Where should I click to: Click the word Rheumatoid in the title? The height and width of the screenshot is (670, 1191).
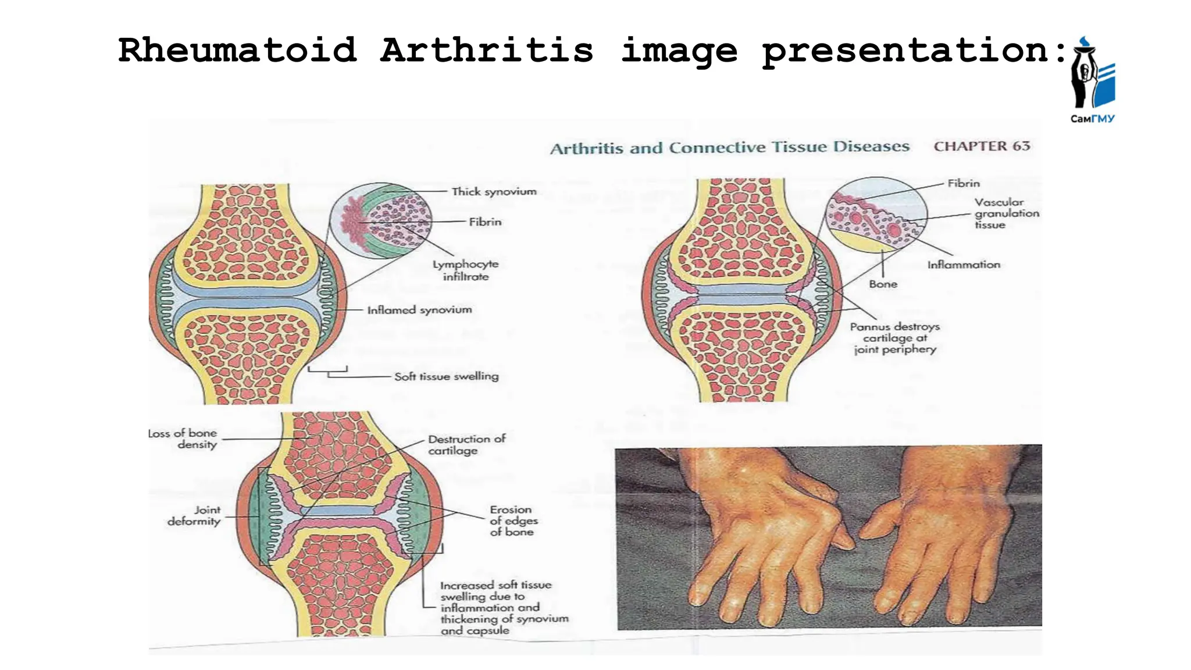pos(237,50)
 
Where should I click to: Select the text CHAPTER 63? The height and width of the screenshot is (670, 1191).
pos(982,146)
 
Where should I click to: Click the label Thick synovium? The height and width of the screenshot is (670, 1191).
pos(494,191)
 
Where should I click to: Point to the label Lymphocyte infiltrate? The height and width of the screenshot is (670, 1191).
pos(465,270)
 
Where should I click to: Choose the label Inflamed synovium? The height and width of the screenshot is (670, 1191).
pos(419,310)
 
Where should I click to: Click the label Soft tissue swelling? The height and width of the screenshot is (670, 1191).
pos(446,376)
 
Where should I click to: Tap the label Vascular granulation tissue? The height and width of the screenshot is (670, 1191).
pos(1007,213)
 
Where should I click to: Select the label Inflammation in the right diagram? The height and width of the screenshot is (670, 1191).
pos(964,265)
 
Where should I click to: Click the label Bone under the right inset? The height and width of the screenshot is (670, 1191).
pos(883,284)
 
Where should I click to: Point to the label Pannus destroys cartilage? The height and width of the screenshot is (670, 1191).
pos(895,338)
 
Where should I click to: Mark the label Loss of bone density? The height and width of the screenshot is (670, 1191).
pos(184,439)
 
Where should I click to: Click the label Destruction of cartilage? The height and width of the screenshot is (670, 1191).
pos(466,444)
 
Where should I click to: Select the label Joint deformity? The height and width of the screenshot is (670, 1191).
pos(195,515)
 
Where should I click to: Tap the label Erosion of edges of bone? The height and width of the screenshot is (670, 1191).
pos(514,521)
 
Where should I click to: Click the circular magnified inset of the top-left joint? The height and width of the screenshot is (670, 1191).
pos(381,221)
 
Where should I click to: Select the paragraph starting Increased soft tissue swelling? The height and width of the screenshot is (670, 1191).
pos(504,608)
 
